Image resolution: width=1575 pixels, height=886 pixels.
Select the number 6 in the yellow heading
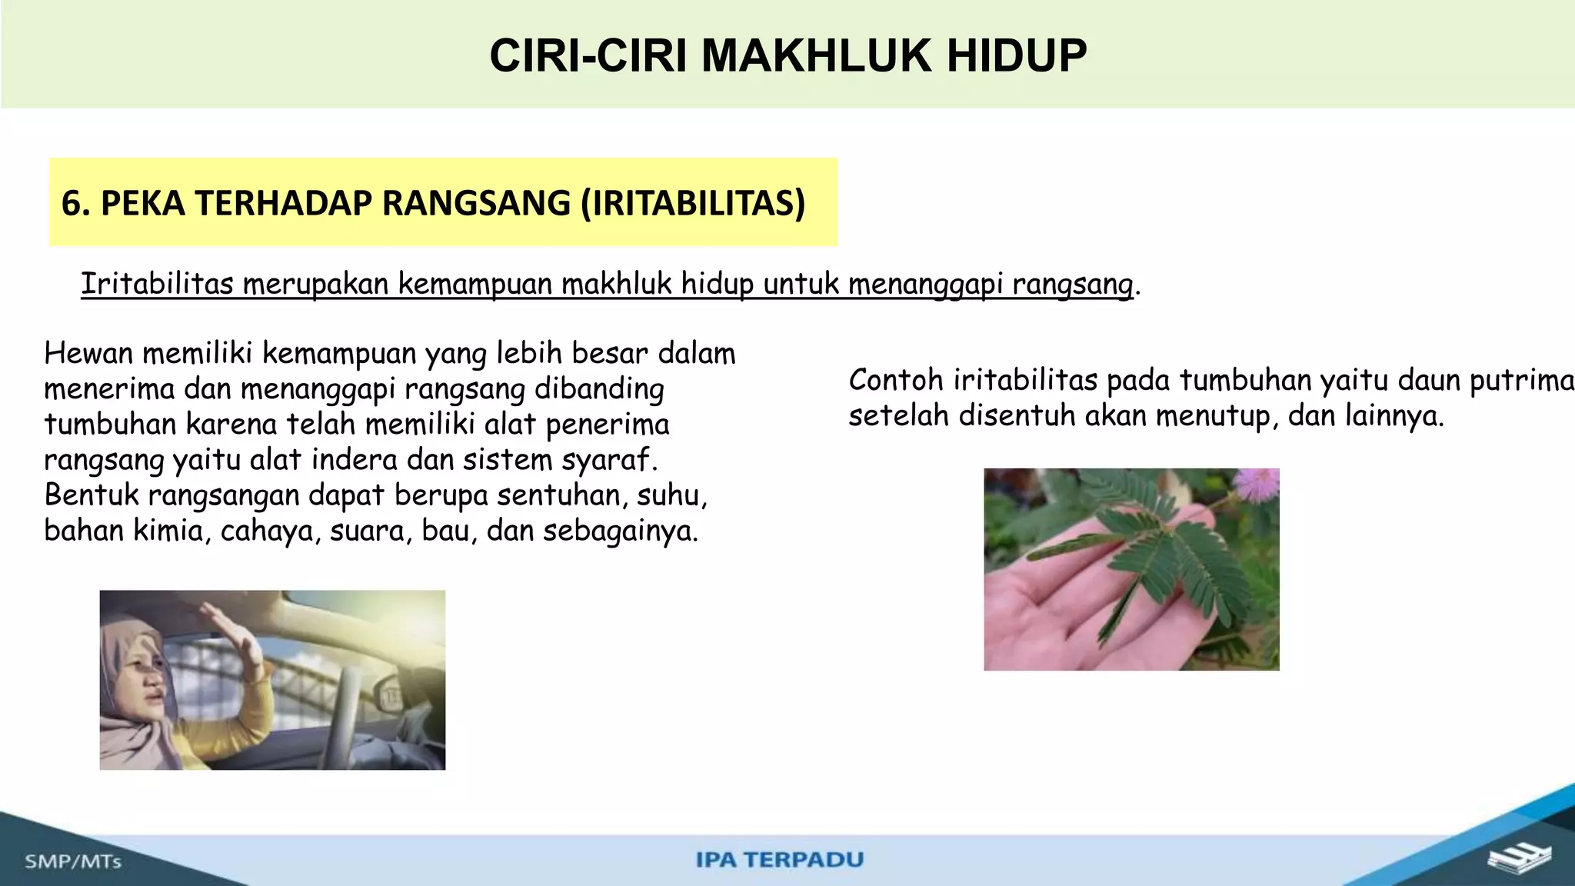coord(71,204)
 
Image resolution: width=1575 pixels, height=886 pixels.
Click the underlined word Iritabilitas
coord(157,284)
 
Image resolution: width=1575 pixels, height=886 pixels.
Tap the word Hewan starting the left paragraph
coord(88,354)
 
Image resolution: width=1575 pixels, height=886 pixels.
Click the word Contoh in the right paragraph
coord(896,381)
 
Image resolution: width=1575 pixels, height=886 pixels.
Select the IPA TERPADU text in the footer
coord(780,859)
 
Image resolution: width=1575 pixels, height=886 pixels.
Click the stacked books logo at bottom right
coord(1520,859)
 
